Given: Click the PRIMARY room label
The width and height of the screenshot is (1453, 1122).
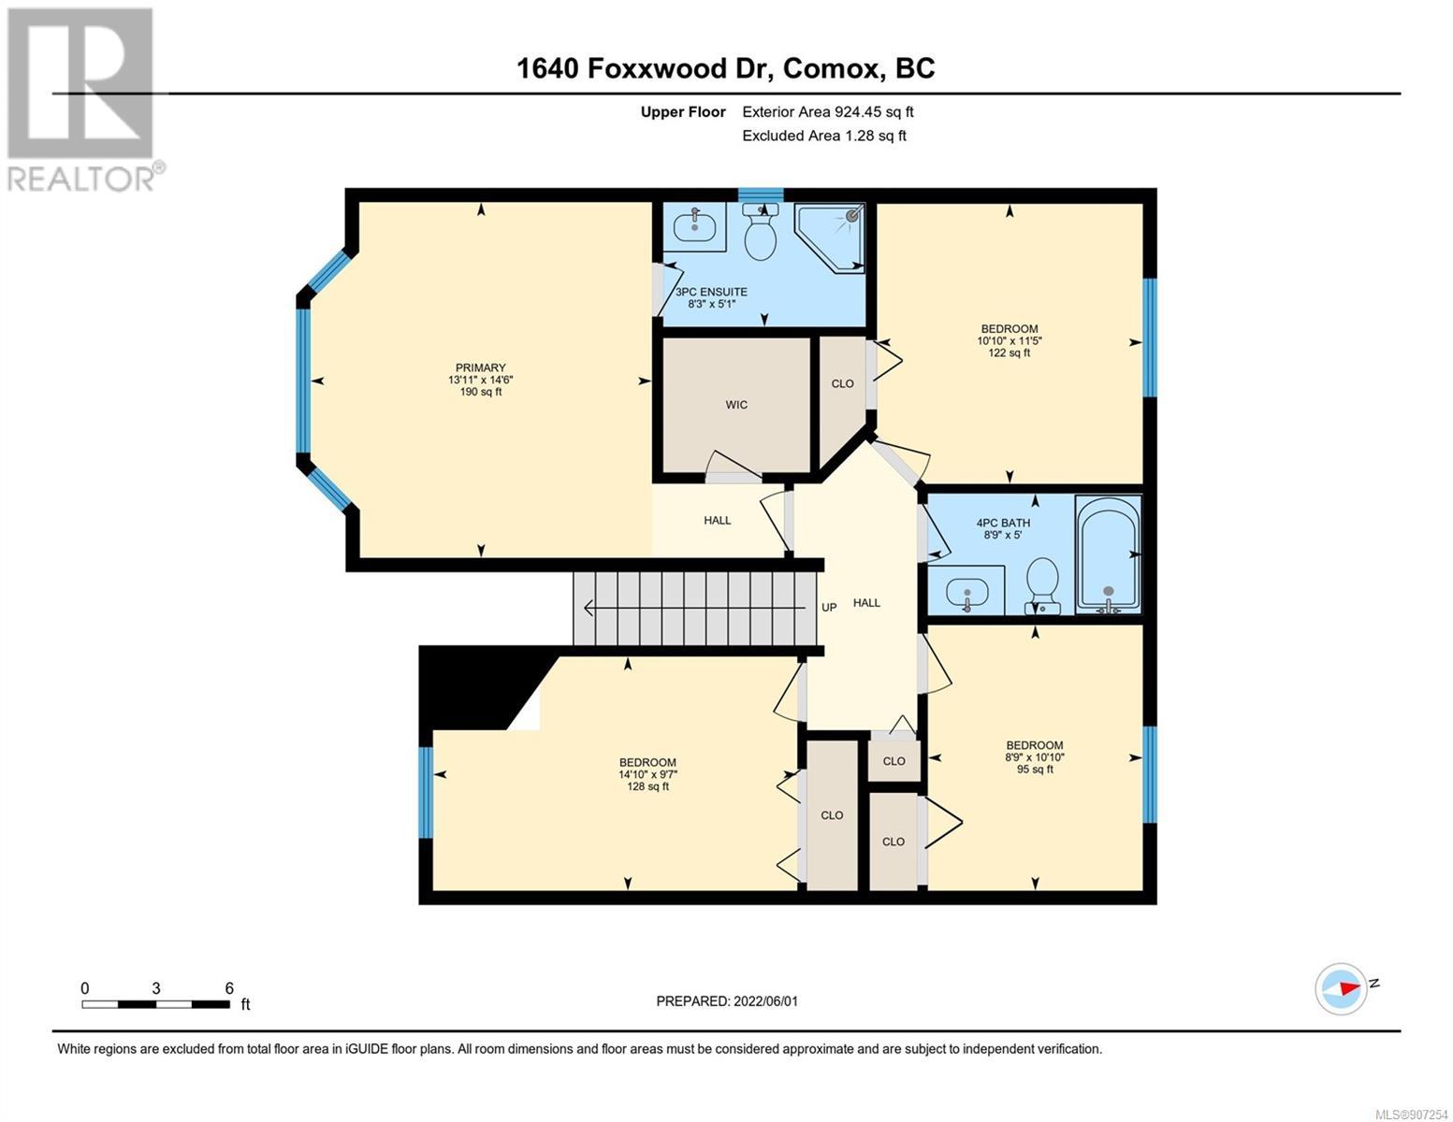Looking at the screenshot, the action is click(x=480, y=367).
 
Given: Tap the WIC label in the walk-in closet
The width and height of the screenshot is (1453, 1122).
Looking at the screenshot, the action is click(x=736, y=405).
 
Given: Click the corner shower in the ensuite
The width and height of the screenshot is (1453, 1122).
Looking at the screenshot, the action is click(x=830, y=237).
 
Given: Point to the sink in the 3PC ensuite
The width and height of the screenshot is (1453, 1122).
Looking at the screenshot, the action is click(x=695, y=226).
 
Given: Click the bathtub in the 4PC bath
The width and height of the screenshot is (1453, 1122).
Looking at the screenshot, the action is click(x=1108, y=554).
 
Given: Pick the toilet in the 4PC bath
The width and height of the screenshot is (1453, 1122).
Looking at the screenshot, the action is click(x=1042, y=585).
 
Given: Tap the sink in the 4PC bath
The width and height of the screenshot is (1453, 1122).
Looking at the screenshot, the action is click(x=966, y=592).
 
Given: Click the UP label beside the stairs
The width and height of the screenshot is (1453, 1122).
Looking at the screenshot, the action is click(x=829, y=608).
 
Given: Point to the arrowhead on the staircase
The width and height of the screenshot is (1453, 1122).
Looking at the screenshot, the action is click(x=589, y=608).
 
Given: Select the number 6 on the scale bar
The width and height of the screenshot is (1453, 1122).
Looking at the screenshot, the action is click(x=229, y=987).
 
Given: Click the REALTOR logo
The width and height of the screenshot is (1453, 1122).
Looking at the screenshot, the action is click(x=83, y=100).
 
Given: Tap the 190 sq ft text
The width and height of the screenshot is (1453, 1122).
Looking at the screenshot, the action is click(x=480, y=392).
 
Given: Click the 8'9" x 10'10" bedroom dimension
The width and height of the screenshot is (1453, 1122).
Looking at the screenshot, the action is click(x=1035, y=757).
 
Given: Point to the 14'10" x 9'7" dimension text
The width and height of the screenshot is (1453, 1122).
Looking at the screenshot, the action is click(x=647, y=774).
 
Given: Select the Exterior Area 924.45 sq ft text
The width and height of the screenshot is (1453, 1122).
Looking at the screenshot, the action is click(x=828, y=112).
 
